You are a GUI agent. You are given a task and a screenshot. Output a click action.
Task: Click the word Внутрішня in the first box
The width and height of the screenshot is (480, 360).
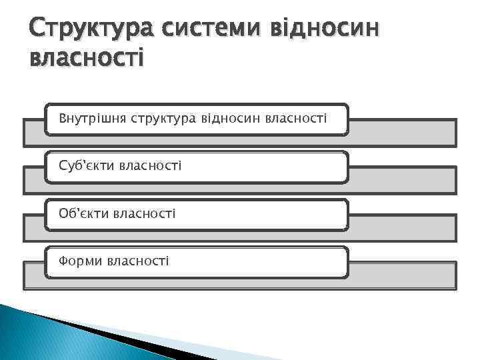[x=93, y=119]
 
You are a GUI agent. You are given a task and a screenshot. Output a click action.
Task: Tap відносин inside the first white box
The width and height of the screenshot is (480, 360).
[x=232, y=119]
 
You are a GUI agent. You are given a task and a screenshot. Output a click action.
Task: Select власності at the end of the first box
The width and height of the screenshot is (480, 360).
[x=296, y=119]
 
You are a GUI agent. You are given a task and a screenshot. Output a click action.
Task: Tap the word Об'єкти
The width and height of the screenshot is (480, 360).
[x=84, y=213]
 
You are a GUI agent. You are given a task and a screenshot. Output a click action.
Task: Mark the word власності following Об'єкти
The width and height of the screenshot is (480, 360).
[x=145, y=213]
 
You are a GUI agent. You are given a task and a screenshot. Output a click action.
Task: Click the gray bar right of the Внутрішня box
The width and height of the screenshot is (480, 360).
[x=402, y=133]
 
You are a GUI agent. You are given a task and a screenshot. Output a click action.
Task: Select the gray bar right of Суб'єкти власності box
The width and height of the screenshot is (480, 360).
[x=402, y=180]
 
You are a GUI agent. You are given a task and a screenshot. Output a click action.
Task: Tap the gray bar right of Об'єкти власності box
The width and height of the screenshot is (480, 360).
[x=402, y=227]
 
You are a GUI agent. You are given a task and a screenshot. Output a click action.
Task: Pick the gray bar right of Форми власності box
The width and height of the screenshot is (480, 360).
[x=402, y=275]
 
